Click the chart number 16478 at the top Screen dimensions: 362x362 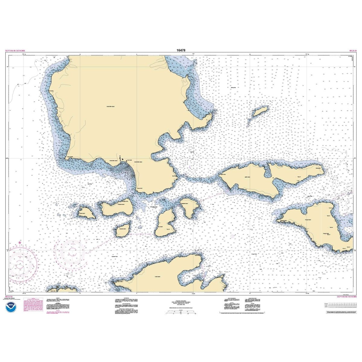click(181, 50)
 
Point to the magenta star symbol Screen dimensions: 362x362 click(20, 242)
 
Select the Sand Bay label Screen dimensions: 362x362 click(90, 184)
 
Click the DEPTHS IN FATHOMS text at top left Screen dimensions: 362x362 click(15, 51)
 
